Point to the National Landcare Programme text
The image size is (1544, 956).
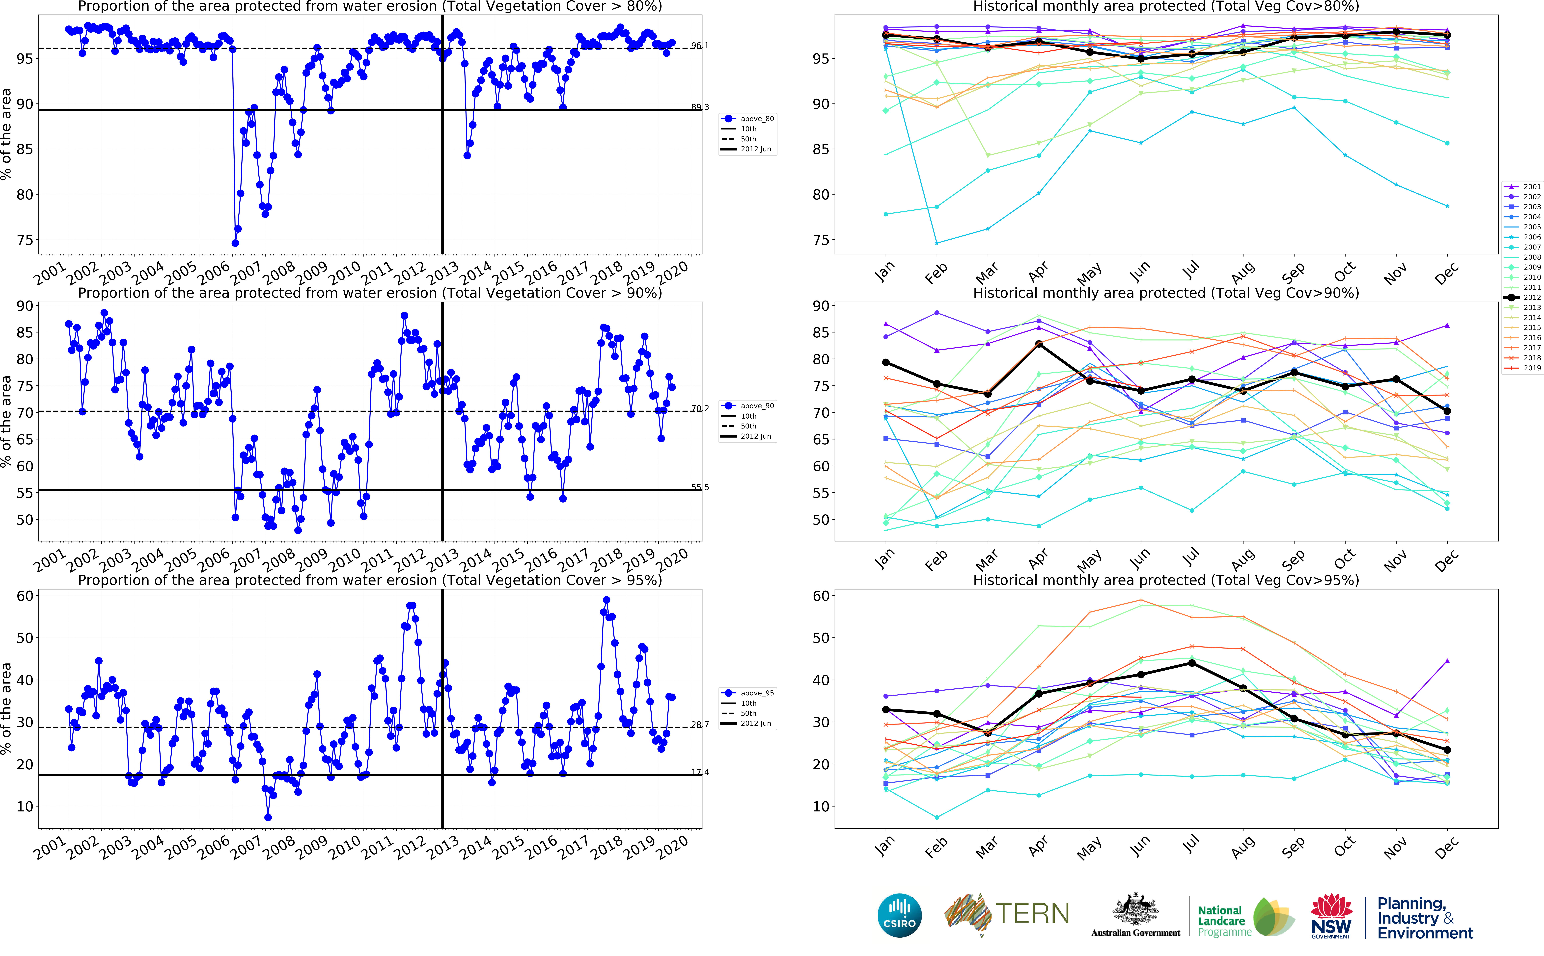(1221, 921)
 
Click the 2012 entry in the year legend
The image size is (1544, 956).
(1531, 297)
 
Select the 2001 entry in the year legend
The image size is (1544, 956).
(1531, 187)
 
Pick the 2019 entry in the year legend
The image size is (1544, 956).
(1531, 368)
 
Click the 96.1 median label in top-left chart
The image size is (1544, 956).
(700, 46)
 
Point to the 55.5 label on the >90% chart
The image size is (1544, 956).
(700, 487)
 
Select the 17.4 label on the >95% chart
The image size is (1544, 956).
(700, 772)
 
